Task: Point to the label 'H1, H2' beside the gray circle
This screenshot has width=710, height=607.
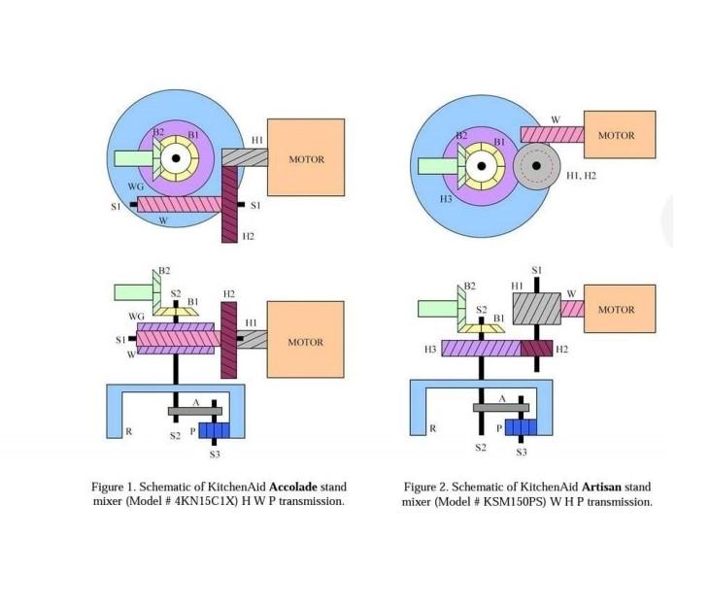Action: [x=581, y=175]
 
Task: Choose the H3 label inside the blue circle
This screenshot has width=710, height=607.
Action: [x=447, y=198]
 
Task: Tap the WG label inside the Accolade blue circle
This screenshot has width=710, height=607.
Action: [x=136, y=185]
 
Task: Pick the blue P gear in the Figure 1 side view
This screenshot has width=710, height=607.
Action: [x=212, y=430]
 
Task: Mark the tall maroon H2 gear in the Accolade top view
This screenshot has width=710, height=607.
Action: [x=229, y=203]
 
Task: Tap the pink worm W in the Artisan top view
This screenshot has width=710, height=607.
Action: [x=552, y=135]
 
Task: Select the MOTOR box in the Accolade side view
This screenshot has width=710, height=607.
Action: [x=305, y=340]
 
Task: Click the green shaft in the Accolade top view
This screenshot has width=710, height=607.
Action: [x=129, y=157]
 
